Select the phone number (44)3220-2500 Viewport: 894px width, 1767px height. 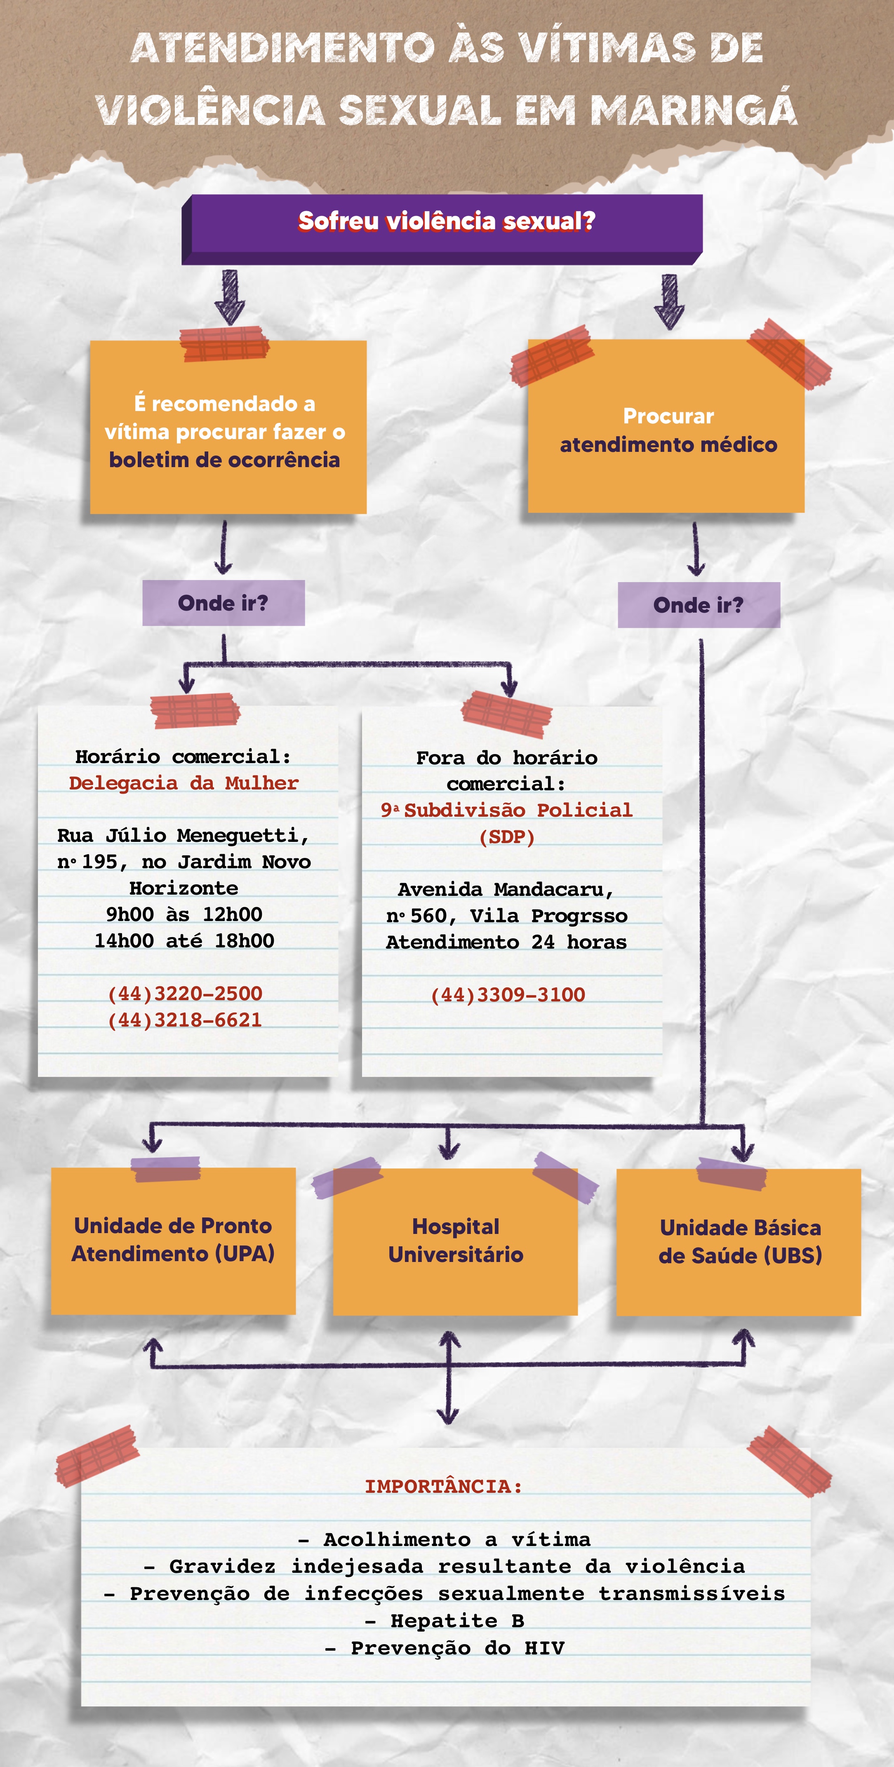coord(185,993)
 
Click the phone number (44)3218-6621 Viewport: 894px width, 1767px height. coord(185,1020)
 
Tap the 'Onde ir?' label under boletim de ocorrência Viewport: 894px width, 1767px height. coord(223,603)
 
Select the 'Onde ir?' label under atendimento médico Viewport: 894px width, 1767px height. coord(699,605)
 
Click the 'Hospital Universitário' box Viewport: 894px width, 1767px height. coord(456,1241)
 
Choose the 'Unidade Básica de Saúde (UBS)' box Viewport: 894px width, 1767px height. coord(740,1242)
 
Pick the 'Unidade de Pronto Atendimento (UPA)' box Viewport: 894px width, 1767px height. coord(173,1240)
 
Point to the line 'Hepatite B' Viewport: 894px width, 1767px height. coord(445,1621)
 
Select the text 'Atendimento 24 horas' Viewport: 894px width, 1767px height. coord(506,942)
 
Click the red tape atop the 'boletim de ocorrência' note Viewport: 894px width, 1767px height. coord(224,343)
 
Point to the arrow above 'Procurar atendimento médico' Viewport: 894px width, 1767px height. coord(669,301)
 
